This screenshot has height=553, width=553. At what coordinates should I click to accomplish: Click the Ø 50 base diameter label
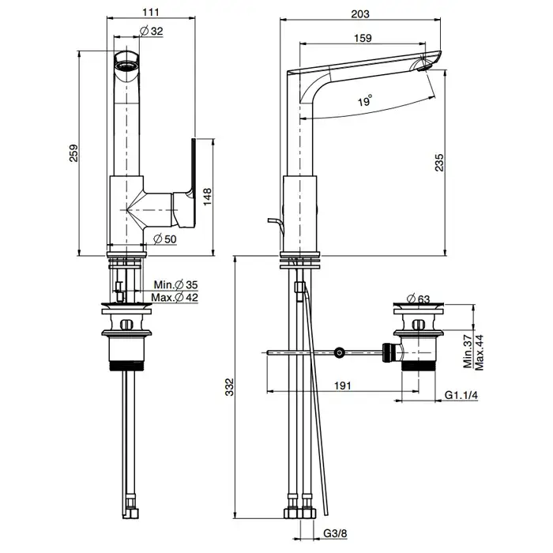coord(164,239)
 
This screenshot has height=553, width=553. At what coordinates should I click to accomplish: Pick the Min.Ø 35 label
coord(178,284)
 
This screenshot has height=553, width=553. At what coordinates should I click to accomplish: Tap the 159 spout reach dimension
coord(364,37)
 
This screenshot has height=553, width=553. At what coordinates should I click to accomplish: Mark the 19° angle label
coord(364,101)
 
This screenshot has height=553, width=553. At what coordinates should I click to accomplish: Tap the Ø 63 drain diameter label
coord(422,299)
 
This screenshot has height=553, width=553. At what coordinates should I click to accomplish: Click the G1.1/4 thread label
coord(463,395)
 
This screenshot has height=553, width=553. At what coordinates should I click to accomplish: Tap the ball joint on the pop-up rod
coord(340,352)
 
